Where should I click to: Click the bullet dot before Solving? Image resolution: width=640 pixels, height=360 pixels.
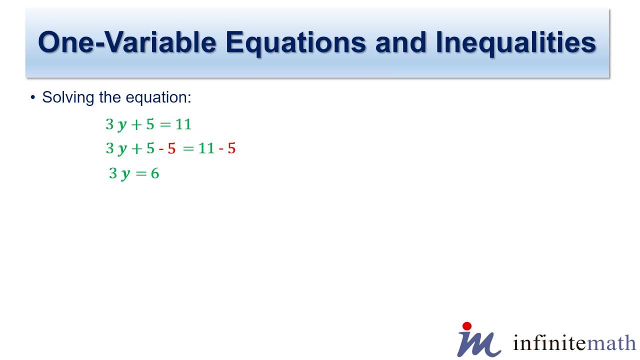coord(33,97)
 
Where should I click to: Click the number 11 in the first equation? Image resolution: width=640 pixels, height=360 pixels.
coord(183,124)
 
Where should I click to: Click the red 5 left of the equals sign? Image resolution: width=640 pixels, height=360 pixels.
coord(171,148)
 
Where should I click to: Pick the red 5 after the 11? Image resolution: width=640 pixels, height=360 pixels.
coord(231,148)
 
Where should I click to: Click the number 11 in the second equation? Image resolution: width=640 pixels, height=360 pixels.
coord(206,148)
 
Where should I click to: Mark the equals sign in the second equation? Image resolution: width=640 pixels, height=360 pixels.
coord(188,148)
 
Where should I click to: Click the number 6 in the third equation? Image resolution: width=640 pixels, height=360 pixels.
coord(155,173)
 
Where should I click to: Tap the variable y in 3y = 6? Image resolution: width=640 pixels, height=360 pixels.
coord(126,174)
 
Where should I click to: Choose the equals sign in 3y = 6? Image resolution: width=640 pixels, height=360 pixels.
coord(141,174)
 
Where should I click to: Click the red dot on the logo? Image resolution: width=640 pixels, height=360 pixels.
coord(467,326)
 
